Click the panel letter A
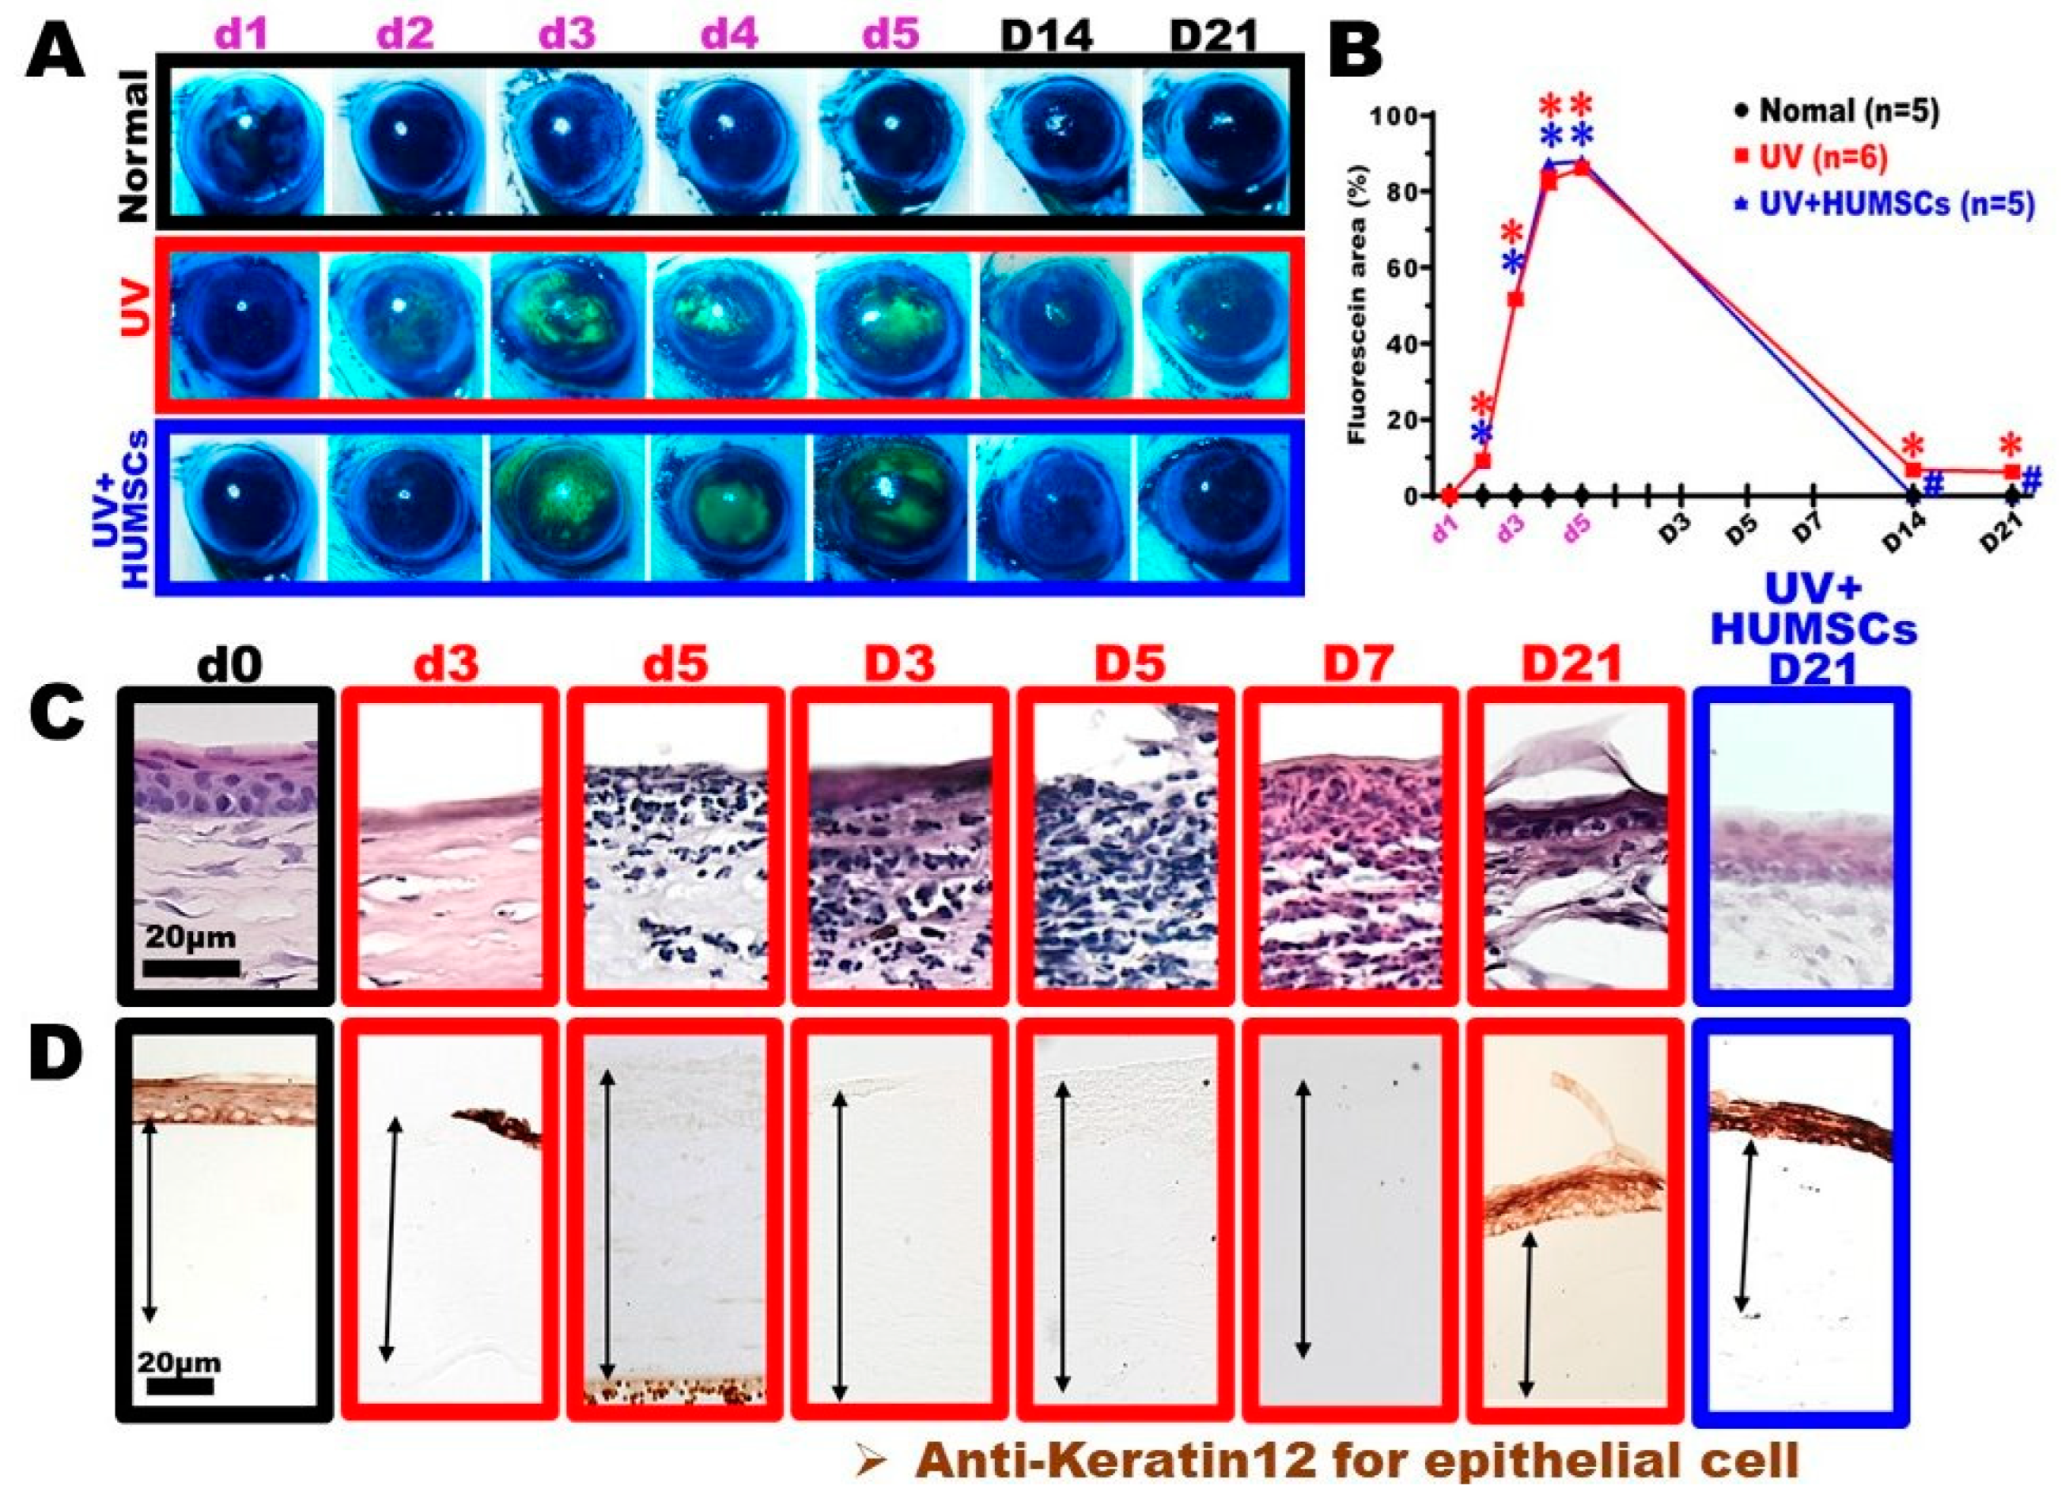pos(56,56)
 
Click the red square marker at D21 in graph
pos(2012,471)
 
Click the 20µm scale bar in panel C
pos(191,967)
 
